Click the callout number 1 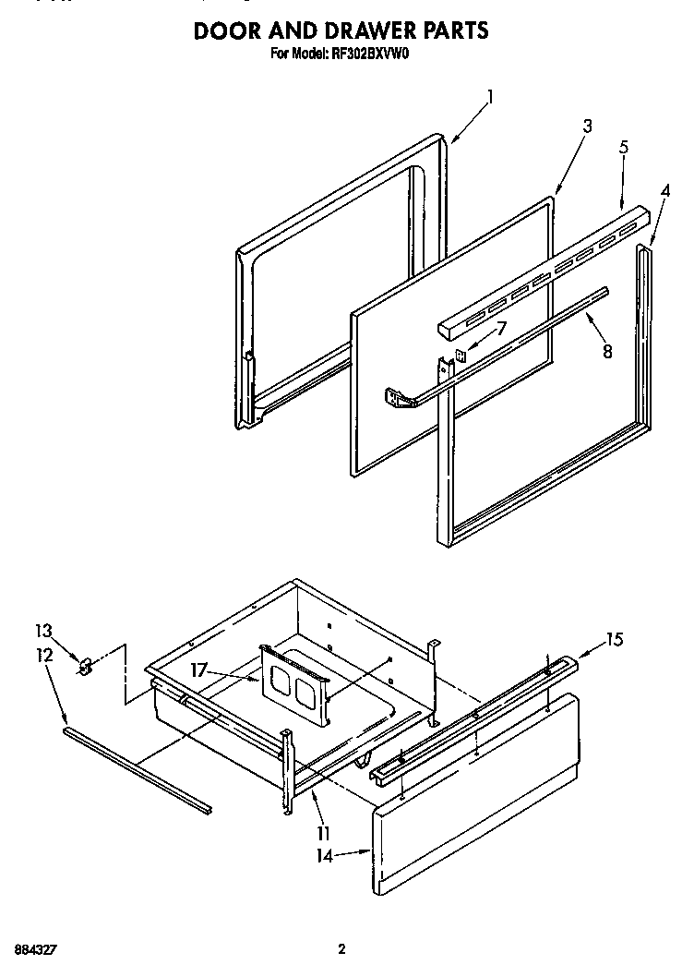(x=492, y=95)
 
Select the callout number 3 (x=587, y=127)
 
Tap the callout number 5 (x=624, y=146)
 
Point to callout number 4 (x=664, y=191)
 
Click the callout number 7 (x=501, y=328)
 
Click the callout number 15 (x=615, y=638)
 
